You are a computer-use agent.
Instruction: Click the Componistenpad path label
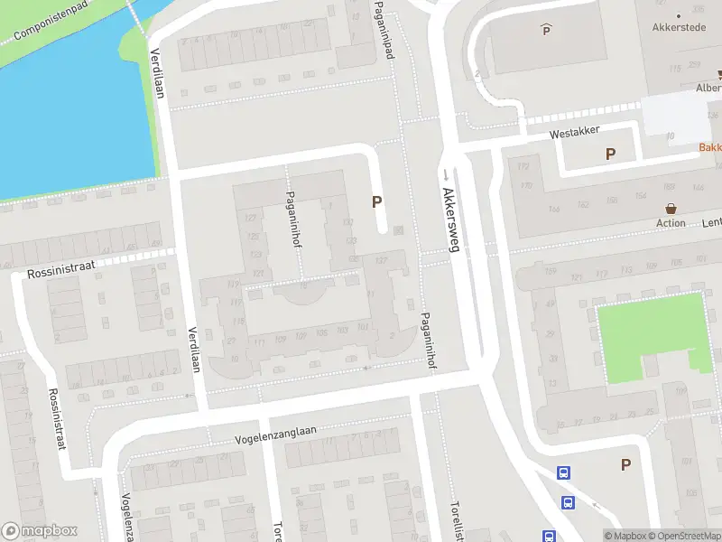[51, 21]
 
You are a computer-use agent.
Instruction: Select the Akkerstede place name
[679, 27]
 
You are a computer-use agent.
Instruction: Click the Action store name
[671, 223]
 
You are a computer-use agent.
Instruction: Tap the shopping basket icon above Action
[671, 208]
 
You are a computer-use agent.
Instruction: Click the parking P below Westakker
[610, 154]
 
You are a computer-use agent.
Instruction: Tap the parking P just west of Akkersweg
[376, 203]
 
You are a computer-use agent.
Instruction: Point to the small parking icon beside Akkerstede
[545, 31]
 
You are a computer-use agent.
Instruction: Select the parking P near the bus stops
[625, 464]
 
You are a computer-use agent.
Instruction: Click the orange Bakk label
[709, 147]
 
